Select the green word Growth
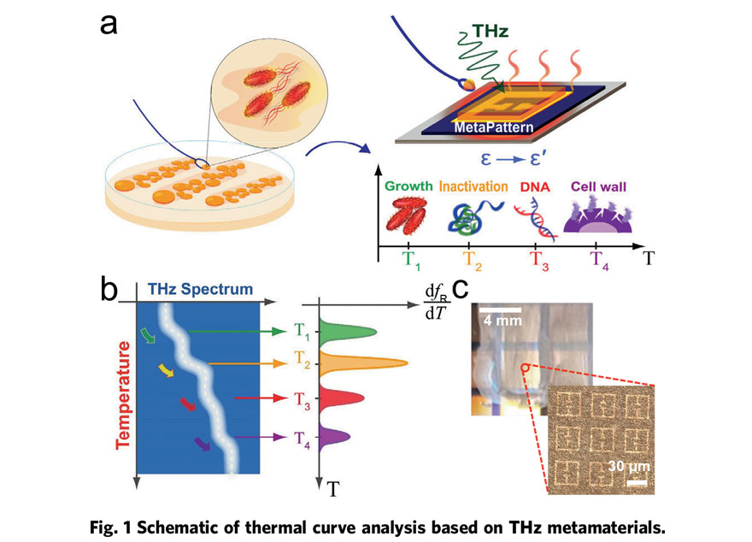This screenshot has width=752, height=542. [x=409, y=185]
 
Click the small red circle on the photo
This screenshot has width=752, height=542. [x=523, y=368]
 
